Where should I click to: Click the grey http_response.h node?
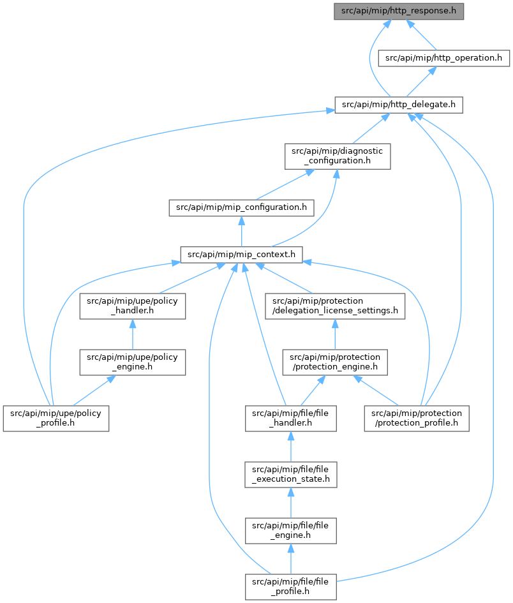(x=399, y=11)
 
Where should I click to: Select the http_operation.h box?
(x=444, y=58)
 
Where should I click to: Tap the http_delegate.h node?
(x=399, y=105)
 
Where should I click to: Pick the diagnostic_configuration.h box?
(x=338, y=156)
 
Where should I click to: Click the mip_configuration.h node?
(x=241, y=207)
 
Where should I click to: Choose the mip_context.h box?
(x=241, y=255)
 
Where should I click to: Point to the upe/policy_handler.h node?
(x=133, y=306)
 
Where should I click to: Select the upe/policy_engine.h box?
(x=133, y=362)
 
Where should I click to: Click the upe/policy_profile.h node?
(x=56, y=419)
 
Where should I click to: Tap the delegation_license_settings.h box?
(x=335, y=306)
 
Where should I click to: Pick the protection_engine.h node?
(x=335, y=362)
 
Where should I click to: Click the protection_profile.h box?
(x=417, y=419)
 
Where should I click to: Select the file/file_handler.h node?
(x=291, y=419)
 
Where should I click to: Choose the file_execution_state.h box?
(x=291, y=475)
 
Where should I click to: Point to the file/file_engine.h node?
(x=291, y=531)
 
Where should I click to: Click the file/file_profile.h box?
(x=291, y=587)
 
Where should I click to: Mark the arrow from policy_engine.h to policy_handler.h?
(x=133, y=334)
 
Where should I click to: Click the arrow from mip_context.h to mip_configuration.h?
(x=241, y=231)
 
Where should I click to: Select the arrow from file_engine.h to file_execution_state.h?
(x=291, y=503)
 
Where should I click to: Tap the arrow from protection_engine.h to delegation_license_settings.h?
(x=335, y=334)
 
